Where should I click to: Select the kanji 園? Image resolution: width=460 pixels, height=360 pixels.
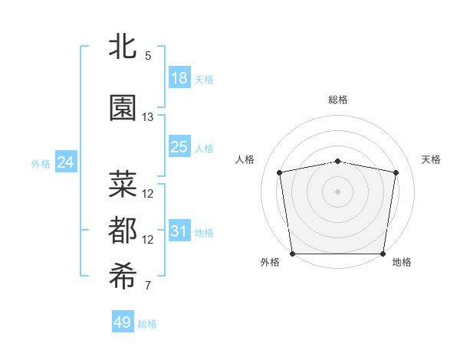(x=123, y=108)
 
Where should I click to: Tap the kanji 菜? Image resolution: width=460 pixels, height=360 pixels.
(x=123, y=185)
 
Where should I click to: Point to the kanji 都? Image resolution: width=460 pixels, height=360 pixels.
(x=123, y=231)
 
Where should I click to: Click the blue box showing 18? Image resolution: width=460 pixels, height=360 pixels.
(x=179, y=78)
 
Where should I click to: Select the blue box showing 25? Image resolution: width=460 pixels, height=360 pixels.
(x=179, y=147)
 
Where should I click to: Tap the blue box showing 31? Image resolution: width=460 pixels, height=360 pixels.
(x=179, y=231)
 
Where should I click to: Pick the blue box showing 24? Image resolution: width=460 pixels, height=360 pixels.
(x=66, y=162)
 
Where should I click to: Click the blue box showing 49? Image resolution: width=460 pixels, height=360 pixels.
(x=123, y=322)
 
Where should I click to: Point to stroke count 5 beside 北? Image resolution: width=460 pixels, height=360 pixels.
(x=148, y=56)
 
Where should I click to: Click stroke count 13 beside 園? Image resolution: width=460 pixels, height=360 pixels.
(x=148, y=116)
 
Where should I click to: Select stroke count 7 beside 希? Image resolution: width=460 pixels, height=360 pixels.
(x=148, y=286)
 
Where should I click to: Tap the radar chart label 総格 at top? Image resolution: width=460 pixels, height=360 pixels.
(x=338, y=100)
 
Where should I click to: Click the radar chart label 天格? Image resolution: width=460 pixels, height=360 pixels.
(x=431, y=159)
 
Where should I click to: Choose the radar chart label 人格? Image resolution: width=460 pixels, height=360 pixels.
(x=245, y=159)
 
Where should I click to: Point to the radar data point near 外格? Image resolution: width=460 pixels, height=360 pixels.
(x=292, y=254)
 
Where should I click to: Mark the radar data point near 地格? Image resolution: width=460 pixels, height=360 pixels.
(x=383, y=254)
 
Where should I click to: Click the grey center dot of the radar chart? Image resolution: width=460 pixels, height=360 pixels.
(x=338, y=191)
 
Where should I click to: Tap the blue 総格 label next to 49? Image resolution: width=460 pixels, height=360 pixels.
(x=147, y=324)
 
